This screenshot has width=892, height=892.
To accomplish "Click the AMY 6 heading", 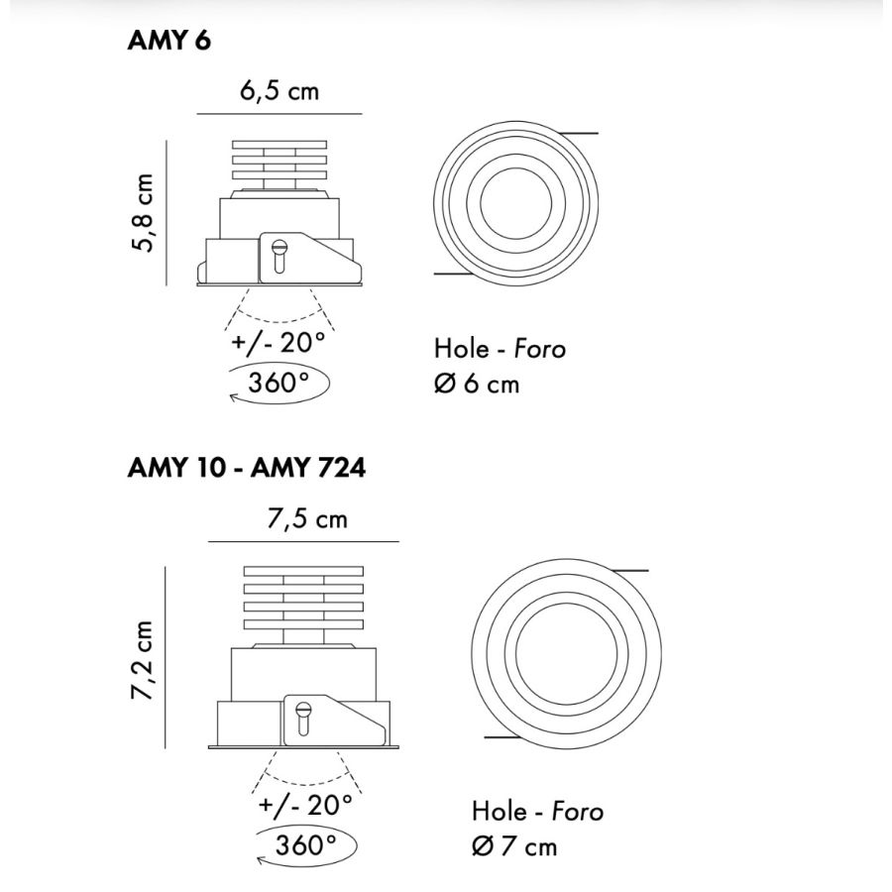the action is pos(168,41).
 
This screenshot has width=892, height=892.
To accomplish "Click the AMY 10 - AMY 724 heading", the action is pos(247,468).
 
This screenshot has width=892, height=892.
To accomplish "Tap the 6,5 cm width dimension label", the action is pos(279,91).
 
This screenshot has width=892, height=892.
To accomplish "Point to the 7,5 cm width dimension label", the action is pos(307,518).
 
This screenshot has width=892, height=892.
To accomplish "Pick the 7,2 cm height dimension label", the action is pos(142,660).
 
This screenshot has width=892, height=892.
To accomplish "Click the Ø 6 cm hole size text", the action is pos(477,384).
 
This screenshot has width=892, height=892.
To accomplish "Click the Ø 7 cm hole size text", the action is pos(514,847).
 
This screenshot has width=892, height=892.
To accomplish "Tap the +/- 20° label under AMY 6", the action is pos(279,343).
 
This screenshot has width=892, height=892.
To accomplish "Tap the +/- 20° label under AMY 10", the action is pos(305,805).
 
